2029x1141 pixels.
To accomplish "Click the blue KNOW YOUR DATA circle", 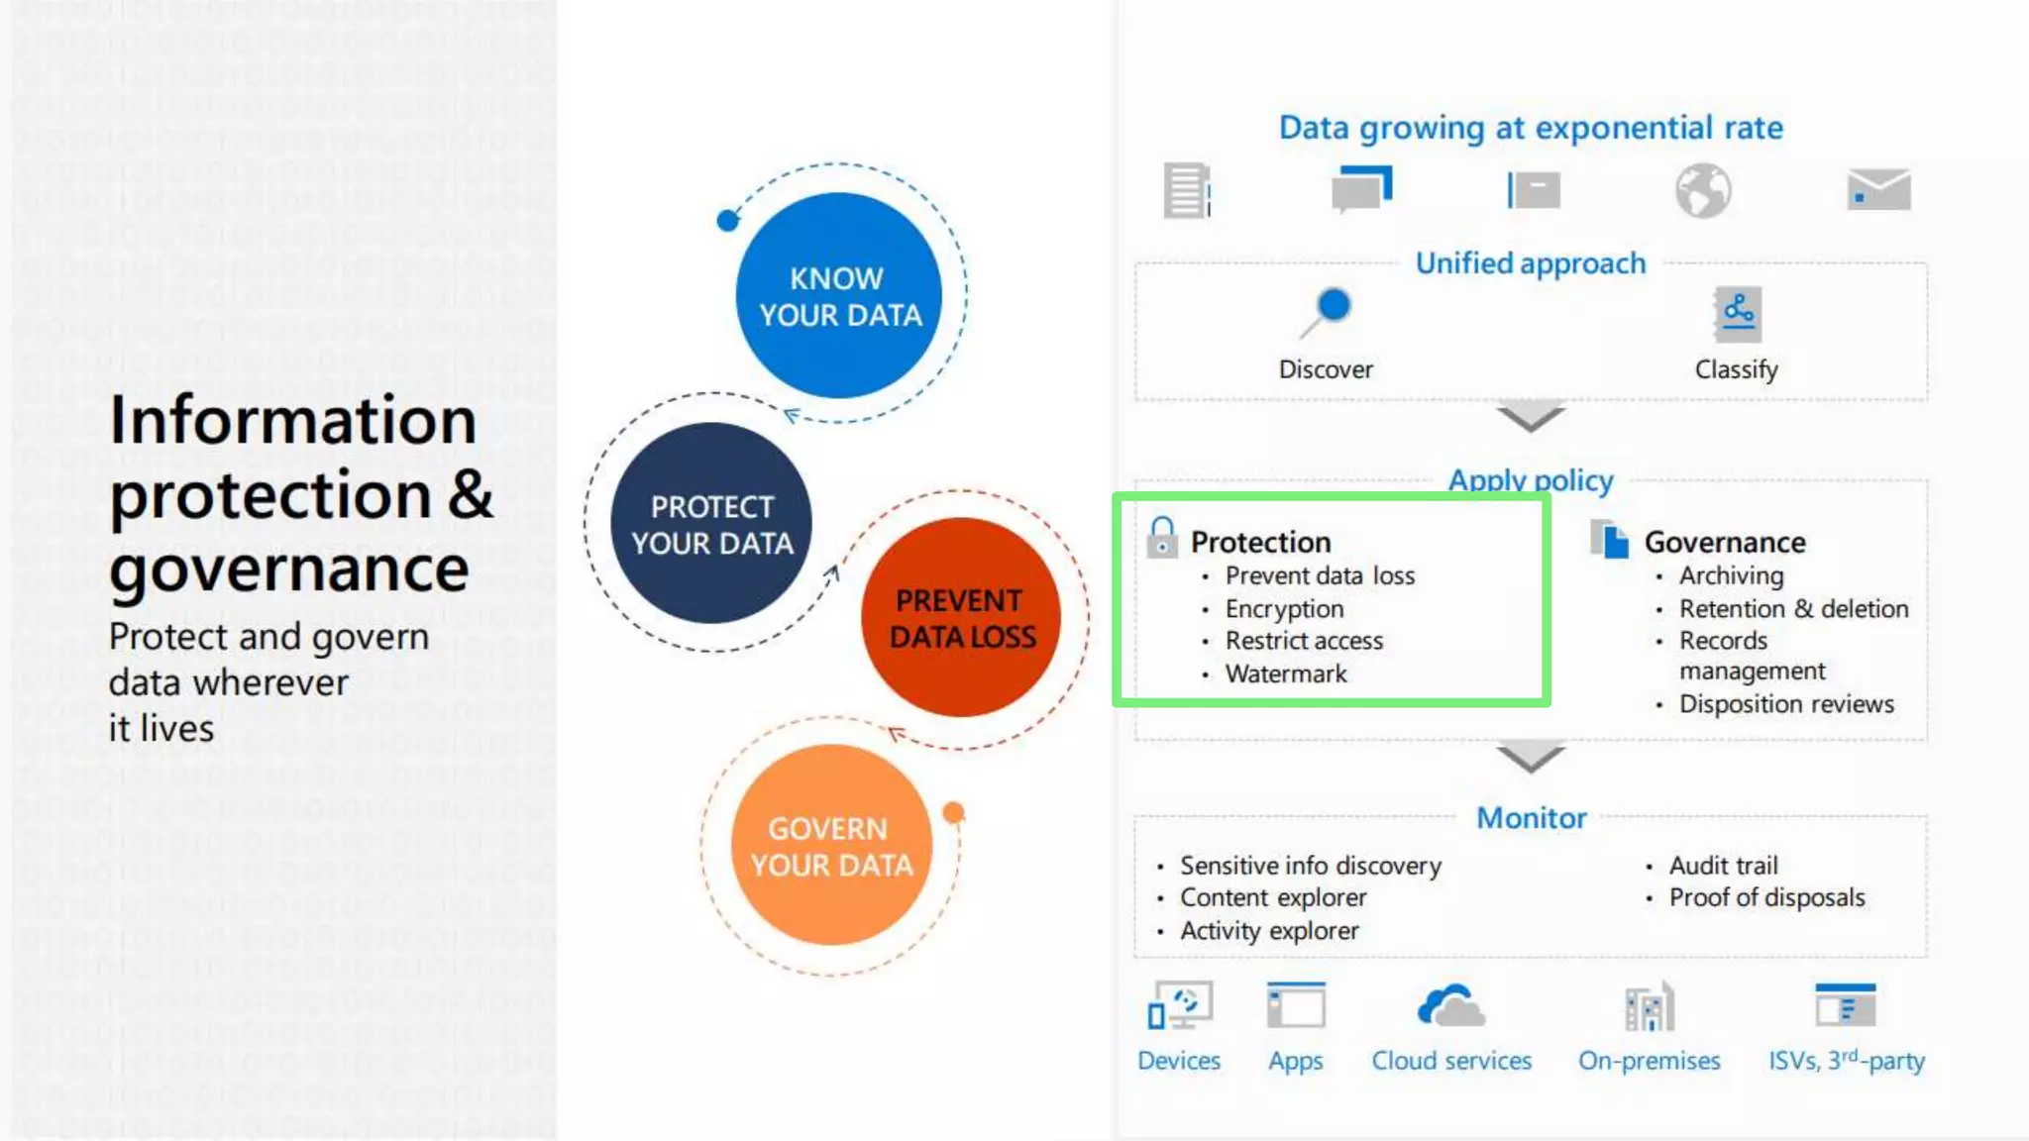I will [838, 295].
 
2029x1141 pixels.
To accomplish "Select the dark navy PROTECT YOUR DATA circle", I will [711, 523].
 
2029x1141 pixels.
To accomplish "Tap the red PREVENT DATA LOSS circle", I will [961, 617].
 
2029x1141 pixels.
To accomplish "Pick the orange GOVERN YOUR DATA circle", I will [831, 845].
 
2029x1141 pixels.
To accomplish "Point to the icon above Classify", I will [1737, 314].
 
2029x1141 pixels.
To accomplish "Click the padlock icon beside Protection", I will [1162, 537].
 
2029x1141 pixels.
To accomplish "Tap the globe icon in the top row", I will [1703, 190].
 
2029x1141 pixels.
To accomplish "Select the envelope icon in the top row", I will [1878, 189].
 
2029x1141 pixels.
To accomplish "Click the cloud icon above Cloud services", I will [1451, 1006].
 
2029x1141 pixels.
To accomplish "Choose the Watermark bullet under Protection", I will [1286, 674].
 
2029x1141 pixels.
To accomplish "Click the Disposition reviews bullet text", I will [1786, 704].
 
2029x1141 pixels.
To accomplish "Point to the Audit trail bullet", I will [1723, 866].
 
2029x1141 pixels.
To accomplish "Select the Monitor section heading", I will [1531, 818].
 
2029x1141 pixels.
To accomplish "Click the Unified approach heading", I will [1531, 263].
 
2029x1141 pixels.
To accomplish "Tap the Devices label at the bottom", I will [1178, 1061].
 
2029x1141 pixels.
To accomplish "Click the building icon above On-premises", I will [1650, 1007].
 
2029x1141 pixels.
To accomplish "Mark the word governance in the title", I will [289, 570].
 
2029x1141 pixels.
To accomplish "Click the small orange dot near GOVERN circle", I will [953, 813].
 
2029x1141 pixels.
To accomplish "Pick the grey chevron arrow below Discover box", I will [1531, 417].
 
